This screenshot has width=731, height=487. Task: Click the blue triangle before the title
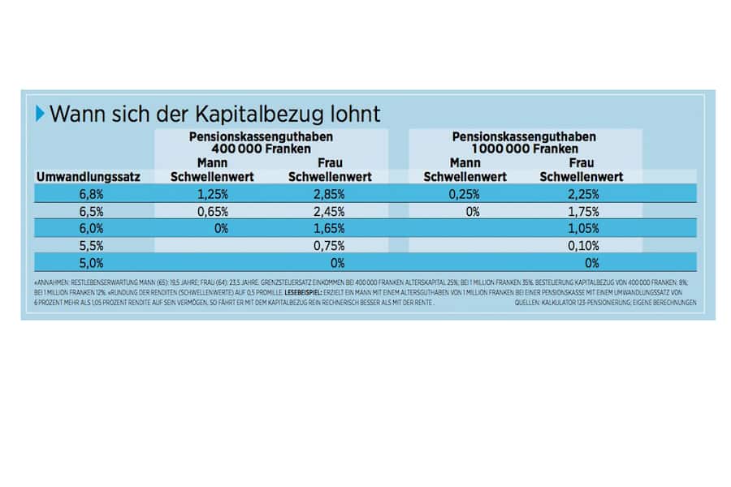[41, 114]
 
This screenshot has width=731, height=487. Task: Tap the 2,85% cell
[330, 194]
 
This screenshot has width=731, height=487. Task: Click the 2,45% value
[330, 212]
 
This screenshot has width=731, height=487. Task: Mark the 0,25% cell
[465, 194]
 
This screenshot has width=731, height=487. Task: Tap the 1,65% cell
[330, 229]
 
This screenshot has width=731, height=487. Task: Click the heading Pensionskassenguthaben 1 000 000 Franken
[523, 143]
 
